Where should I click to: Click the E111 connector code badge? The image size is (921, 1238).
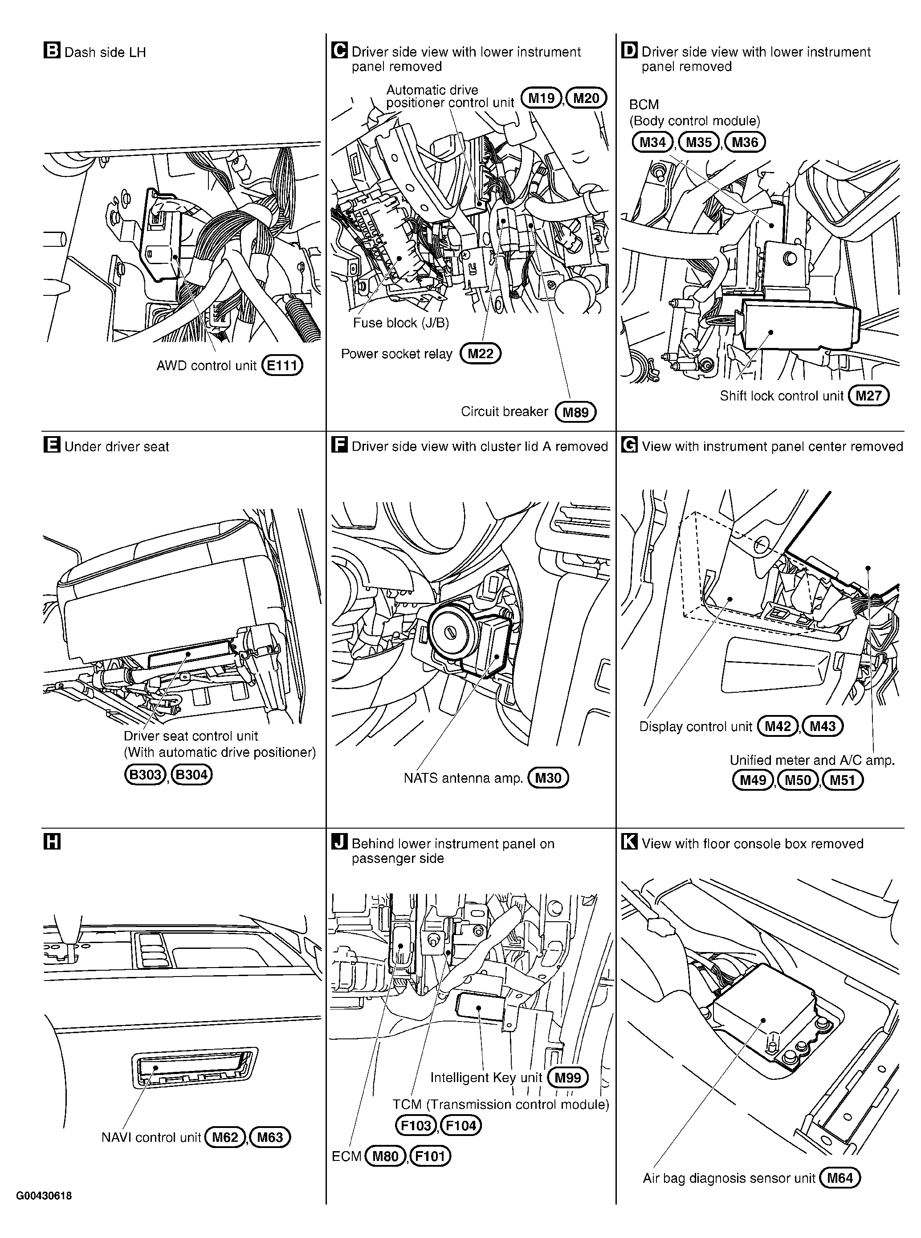[x=282, y=365]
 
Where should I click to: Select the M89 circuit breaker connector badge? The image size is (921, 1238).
[x=576, y=412]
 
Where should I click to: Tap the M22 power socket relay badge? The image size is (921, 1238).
[x=481, y=354]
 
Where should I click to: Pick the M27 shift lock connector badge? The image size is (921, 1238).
[x=868, y=396]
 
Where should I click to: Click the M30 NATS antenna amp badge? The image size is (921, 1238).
[x=548, y=778]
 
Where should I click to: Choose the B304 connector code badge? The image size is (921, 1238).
[x=192, y=775]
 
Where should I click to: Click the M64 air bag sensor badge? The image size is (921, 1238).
[x=840, y=1178]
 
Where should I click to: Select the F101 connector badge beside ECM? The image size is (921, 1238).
[x=430, y=1156]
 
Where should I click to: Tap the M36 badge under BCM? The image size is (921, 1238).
[x=745, y=142]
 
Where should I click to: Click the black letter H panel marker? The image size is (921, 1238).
[x=51, y=842]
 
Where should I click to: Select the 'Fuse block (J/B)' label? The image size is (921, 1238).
[x=401, y=323]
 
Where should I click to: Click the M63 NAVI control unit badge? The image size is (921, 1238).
[x=270, y=1137]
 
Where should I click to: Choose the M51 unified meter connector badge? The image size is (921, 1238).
[x=842, y=780]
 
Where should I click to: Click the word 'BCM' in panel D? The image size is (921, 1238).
[x=644, y=105]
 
